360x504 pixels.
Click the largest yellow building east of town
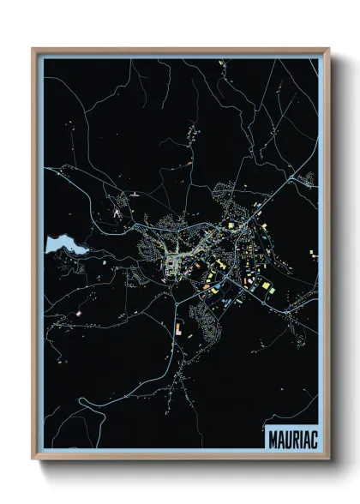[266, 284]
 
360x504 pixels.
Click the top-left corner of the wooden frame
[33, 49]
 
